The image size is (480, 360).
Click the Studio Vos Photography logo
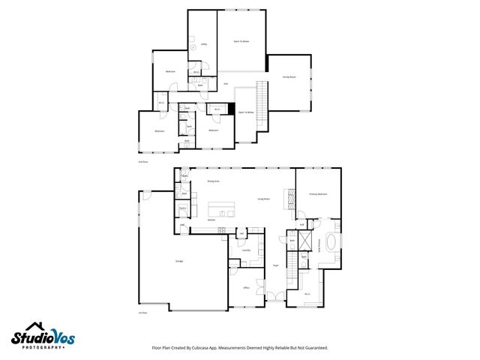click(x=43, y=335)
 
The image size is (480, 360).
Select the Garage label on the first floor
click(x=180, y=260)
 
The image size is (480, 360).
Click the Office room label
click(x=246, y=288)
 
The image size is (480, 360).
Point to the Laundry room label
click(x=245, y=251)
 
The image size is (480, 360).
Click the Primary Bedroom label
click(x=318, y=193)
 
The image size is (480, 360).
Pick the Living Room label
click(x=264, y=199)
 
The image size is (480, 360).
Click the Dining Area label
click(x=213, y=181)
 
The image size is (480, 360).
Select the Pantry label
click(x=182, y=208)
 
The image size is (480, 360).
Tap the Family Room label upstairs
click(x=289, y=77)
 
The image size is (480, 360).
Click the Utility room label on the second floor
click(x=203, y=44)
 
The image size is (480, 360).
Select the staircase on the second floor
click(x=262, y=96)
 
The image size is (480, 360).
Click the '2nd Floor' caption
click(x=142, y=162)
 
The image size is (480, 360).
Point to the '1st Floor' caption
click(x=142, y=313)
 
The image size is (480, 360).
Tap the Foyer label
click(x=275, y=265)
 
